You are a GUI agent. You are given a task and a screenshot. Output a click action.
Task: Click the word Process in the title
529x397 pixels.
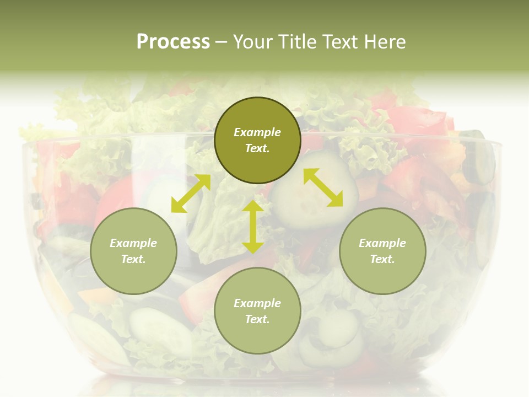pyautogui.click(x=173, y=42)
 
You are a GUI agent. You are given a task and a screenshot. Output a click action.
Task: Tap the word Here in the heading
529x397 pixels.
pyautogui.click(x=385, y=42)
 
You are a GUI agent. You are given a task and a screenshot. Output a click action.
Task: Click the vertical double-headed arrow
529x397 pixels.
pyautogui.click(x=253, y=227)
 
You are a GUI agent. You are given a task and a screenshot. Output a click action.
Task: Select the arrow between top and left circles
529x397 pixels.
pyautogui.click(x=191, y=194)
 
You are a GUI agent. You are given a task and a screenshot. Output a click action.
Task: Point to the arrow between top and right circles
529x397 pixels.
pyautogui.click(x=323, y=187)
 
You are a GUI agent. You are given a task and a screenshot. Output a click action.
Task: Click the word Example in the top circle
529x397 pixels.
pyautogui.click(x=257, y=132)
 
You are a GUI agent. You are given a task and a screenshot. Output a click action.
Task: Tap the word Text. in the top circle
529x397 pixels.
pyautogui.click(x=257, y=148)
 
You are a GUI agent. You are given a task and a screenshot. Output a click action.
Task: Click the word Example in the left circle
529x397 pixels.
pyautogui.click(x=133, y=243)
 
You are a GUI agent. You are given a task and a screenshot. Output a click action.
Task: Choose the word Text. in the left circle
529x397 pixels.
pyautogui.click(x=133, y=259)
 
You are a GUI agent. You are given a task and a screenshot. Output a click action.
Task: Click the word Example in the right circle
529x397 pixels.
pyautogui.click(x=382, y=243)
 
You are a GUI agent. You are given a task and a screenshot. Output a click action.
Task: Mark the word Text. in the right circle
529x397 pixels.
pyautogui.click(x=382, y=259)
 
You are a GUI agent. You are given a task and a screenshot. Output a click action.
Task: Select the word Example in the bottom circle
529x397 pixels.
pyautogui.click(x=257, y=303)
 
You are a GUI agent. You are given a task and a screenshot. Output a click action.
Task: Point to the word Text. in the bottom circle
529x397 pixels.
pyautogui.click(x=257, y=319)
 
